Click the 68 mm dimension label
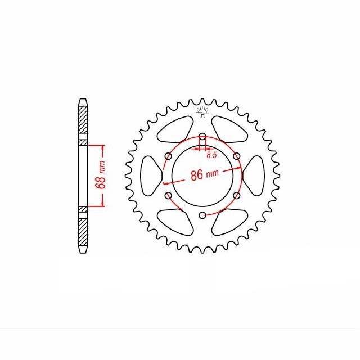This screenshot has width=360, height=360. (x=101, y=175)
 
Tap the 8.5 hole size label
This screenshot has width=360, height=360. (x=211, y=155)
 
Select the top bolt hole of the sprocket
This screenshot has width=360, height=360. (x=202, y=137)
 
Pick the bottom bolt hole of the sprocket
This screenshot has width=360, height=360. (x=202, y=215)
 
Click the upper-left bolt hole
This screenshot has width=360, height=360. (x=169, y=156)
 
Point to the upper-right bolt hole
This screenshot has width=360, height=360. (x=236, y=156)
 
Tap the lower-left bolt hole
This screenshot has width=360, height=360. (x=169, y=196)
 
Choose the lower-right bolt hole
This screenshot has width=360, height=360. (x=236, y=196)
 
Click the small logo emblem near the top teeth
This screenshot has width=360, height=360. (x=202, y=112)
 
